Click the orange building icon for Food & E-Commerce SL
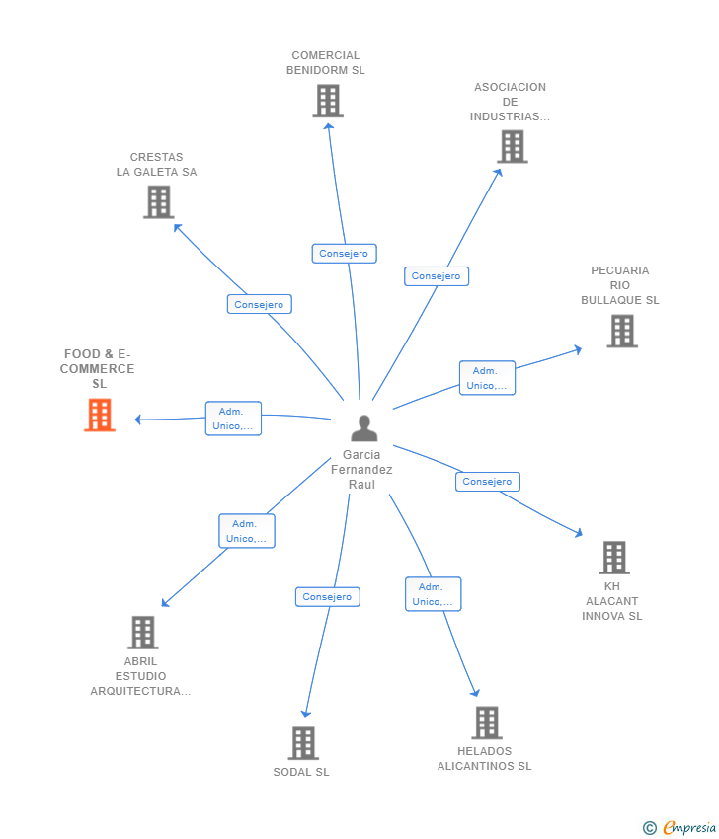pyautogui.click(x=100, y=416)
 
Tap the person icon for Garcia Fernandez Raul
pyautogui.click(x=364, y=428)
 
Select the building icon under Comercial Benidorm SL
pyautogui.click(x=327, y=101)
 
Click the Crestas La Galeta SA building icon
pyautogui.click(x=158, y=201)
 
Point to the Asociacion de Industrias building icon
pyautogui.click(x=512, y=147)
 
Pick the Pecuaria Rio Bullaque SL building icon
pyautogui.click(x=621, y=332)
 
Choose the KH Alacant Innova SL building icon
pyautogui.click(x=613, y=558)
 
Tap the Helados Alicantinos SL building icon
pyautogui.click(x=486, y=723)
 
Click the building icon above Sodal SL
pyautogui.click(x=302, y=743)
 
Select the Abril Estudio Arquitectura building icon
pyautogui.click(x=142, y=633)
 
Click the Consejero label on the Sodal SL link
pyautogui.click(x=327, y=597)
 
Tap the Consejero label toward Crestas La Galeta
pyautogui.click(x=259, y=304)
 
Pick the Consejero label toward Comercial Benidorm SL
pyautogui.click(x=344, y=254)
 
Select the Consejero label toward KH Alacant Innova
pyautogui.click(x=487, y=482)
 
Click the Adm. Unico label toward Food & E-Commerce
pyautogui.click(x=233, y=419)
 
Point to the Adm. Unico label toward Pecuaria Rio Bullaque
pyautogui.click(x=487, y=378)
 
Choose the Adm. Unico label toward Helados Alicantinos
pyautogui.click(x=433, y=594)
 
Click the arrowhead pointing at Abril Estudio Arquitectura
pyautogui.click(x=165, y=603)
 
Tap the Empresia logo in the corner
pyautogui.click(x=680, y=828)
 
